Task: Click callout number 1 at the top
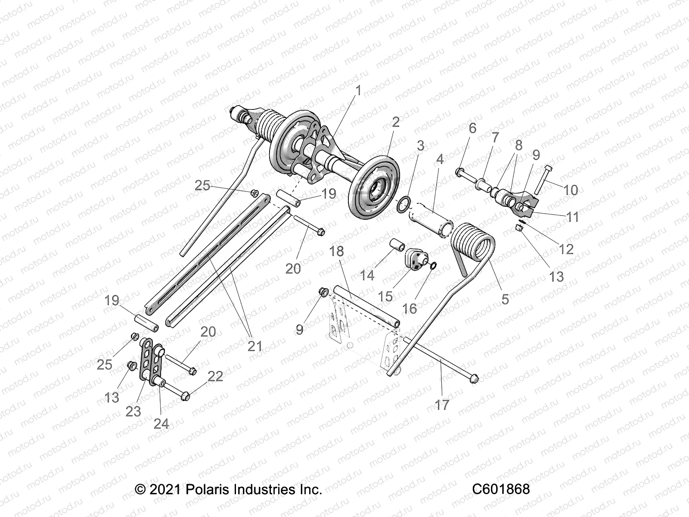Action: (358, 90)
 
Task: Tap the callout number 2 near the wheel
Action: (395, 122)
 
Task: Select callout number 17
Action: (442, 405)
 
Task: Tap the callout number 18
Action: (337, 252)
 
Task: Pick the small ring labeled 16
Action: (434, 266)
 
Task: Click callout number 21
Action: (255, 346)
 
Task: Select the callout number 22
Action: (215, 376)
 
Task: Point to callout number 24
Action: (161, 424)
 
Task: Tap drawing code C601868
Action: (501, 489)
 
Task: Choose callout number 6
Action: (472, 128)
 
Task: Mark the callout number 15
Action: (385, 296)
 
